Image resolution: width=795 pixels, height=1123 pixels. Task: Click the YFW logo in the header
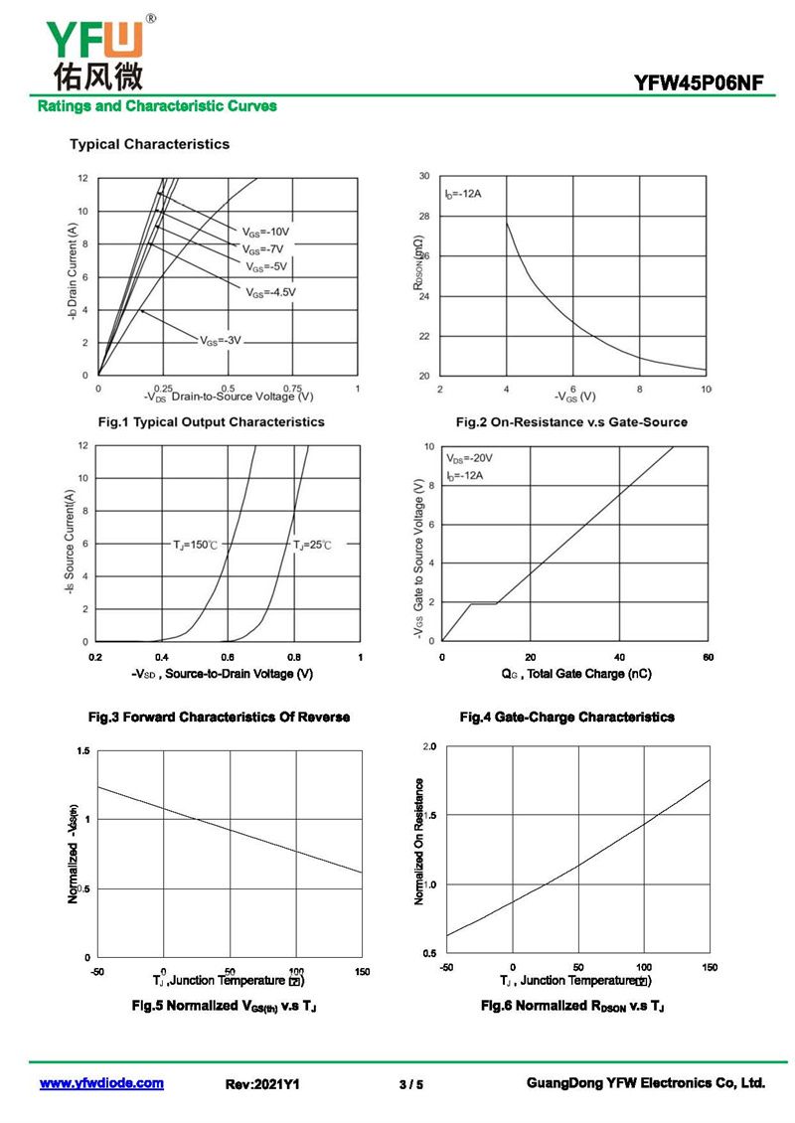coord(94,50)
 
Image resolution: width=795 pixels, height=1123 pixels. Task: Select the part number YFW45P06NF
coord(699,83)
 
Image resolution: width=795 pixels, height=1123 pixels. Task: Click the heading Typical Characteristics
coord(149,144)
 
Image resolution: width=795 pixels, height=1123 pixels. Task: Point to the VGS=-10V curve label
coord(266,232)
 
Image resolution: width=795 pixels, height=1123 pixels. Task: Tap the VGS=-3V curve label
coord(221,340)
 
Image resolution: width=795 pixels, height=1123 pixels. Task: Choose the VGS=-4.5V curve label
coord(271,292)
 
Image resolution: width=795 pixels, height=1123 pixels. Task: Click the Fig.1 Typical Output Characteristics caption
coord(211,422)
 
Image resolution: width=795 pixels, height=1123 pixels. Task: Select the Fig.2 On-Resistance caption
coord(571,422)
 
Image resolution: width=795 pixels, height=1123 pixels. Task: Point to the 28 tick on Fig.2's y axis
coord(424,217)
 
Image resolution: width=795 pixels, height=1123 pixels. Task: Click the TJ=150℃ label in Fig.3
coord(196,545)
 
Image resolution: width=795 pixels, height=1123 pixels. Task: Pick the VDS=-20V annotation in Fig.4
coord(470,459)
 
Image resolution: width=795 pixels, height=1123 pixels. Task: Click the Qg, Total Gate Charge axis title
coord(576,674)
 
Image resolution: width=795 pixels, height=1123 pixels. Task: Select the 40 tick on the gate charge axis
coord(619,657)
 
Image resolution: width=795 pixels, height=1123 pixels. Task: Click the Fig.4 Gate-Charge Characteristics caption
coord(566,717)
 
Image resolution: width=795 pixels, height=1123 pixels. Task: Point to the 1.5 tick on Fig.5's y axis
coord(82,750)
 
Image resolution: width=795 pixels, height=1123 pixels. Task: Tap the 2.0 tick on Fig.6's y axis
coord(429,745)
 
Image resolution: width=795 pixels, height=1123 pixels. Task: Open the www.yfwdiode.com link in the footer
coord(101,1083)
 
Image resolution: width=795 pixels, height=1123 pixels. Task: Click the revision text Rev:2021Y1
coord(263,1084)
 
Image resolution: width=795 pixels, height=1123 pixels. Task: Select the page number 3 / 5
coord(410,1084)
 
